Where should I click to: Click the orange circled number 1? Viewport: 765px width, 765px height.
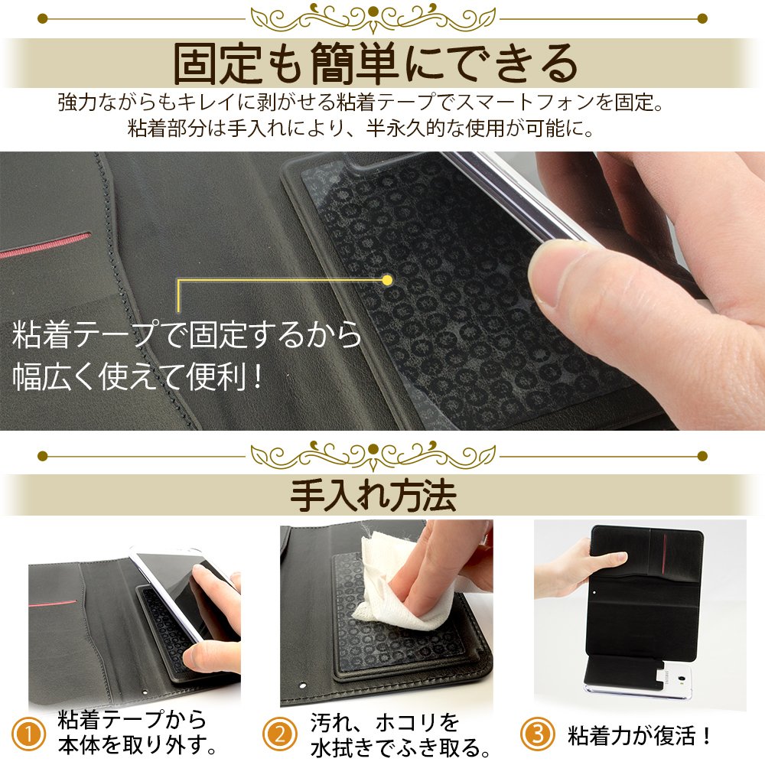pos(28,734)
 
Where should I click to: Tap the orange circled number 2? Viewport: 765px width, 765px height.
pos(279,734)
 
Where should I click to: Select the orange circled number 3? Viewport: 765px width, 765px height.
pos(537,734)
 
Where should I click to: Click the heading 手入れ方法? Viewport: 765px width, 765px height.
pos(373,496)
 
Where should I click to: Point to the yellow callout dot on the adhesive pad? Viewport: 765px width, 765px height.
pos(387,280)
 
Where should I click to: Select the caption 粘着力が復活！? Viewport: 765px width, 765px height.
pos(639,735)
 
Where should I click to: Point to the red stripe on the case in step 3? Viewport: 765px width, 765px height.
pos(663,553)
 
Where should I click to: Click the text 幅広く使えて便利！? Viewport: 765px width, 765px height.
pos(138,376)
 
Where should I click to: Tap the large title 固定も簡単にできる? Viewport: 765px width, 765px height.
pos(375,64)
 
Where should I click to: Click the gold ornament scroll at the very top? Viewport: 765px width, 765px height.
pos(373,18)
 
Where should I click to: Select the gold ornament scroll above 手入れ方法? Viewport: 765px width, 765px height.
pos(373,455)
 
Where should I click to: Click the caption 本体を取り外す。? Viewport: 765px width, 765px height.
pos(138,745)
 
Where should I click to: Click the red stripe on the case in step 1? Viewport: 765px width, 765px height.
pos(53,603)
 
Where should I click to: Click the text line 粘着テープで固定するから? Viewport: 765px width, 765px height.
pos(187,335)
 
